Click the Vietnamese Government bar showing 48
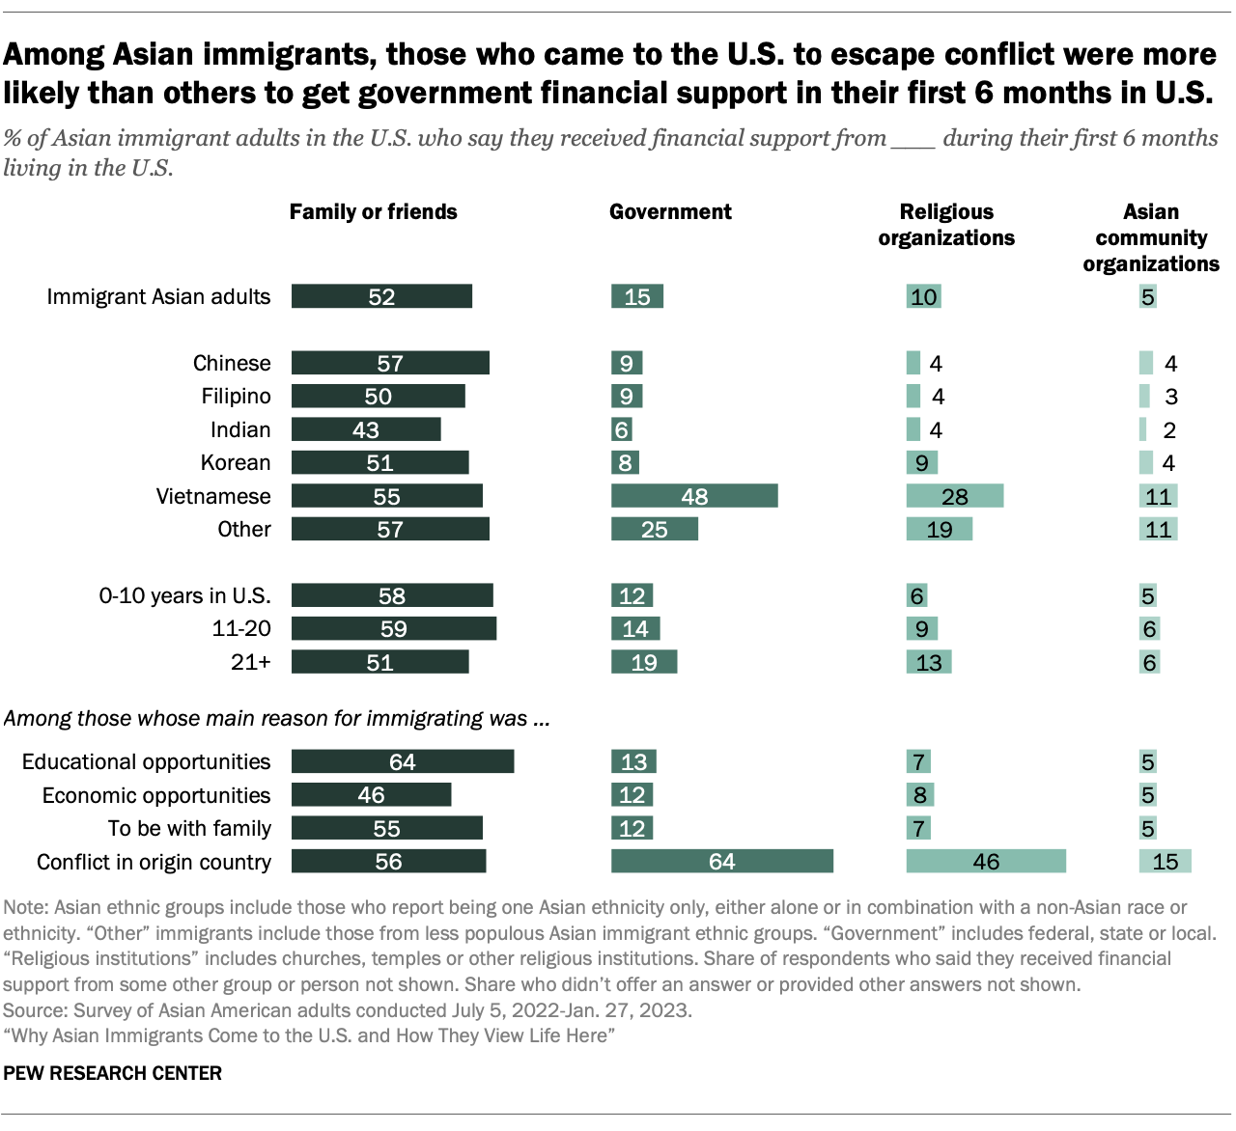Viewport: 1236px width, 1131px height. click(x=694, y=496)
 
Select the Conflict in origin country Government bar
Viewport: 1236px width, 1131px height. click(x=721, y=861)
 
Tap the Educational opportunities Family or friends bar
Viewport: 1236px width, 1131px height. click(x=402, y=761)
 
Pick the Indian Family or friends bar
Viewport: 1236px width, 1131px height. click(x=366, y=429)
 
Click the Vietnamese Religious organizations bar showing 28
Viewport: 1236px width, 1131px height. click(x=954, y=496)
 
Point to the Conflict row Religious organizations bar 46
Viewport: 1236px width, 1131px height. click(x=985, y=861)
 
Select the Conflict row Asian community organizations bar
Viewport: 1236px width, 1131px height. click(x=1165, y=861)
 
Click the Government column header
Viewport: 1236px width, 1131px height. click(x=670, y=212)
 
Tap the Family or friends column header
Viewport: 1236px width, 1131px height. click(x=373, y=212)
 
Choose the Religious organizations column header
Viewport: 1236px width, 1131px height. click(x=946, y=225)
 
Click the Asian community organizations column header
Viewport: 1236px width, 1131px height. click(x=1151, y=237)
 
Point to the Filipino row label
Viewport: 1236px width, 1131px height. click(x=236, y=397)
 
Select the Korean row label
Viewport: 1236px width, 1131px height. click(x=236, y=463)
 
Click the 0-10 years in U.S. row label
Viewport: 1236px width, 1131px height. click(x=184, y=595)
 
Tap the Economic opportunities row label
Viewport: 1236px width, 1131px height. click(x=156, y=795)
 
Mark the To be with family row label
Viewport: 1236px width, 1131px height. click(x=189, y=828)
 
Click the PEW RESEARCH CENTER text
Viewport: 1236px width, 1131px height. click(x=113, y=1073)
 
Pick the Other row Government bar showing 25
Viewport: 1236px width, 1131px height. click(x=654, y=529)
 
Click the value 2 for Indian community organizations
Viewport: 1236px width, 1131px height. click(x=1169, y=430)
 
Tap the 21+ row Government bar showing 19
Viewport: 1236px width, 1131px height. click(x=643, y=662)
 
